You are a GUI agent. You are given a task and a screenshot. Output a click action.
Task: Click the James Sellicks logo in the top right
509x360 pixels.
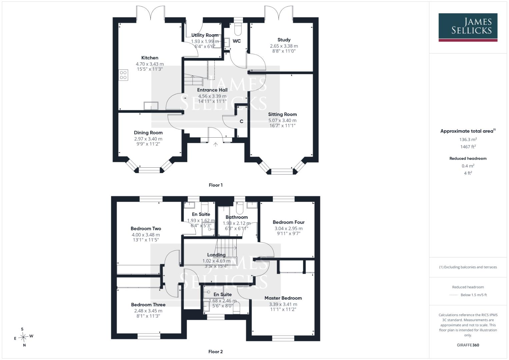point(468,27)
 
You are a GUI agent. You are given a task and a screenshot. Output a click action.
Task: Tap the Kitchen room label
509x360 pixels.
point(150,58)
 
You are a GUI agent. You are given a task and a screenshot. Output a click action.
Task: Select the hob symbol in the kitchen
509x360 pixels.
point(123,75)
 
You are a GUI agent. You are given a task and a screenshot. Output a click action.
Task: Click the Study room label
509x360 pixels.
point(284,40)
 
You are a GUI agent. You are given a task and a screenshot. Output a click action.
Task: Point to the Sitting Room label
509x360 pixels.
point(282,114)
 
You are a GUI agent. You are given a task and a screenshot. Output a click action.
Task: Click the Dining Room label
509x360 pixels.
point(148,133)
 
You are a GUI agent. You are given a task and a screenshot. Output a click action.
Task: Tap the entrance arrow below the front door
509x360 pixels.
point(215,145)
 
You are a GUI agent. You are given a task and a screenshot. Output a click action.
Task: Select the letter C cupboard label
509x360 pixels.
point(242,121)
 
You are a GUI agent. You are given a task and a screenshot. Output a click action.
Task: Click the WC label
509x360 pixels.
point(237,41)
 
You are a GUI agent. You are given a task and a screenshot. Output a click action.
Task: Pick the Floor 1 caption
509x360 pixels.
point(216,185)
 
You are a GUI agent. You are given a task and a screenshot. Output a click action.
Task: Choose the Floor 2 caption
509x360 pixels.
point(215,352)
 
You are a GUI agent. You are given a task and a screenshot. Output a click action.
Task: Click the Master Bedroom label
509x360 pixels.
point(283,298)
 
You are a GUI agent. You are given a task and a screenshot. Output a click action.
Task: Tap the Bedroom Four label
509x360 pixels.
point(289,222)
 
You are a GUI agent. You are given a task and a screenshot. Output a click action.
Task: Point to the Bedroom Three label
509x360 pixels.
point(148,305)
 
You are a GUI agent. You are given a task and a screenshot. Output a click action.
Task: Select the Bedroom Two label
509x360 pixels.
point(146,228)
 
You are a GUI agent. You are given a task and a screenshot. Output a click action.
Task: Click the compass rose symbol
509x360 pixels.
point(23,337)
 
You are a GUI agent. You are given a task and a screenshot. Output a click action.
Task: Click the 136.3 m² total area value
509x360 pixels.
point(468,139)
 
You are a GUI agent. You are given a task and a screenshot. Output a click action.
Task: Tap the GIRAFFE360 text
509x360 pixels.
point(468,345)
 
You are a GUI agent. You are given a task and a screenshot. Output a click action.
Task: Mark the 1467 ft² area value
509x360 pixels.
point(468,147)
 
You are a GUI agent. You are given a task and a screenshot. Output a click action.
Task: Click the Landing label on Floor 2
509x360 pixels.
point(216,255)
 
